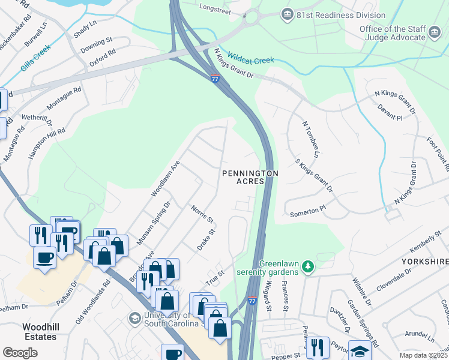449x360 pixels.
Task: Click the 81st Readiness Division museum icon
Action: click(288, 14)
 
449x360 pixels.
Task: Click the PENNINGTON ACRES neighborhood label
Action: click(250, 177)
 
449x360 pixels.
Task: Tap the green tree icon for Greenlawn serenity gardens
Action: click(307, 265)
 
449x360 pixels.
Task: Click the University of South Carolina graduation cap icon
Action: click(134, 317)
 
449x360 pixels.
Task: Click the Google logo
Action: click(20, 353)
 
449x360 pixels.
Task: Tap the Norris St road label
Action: click(202, 214)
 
